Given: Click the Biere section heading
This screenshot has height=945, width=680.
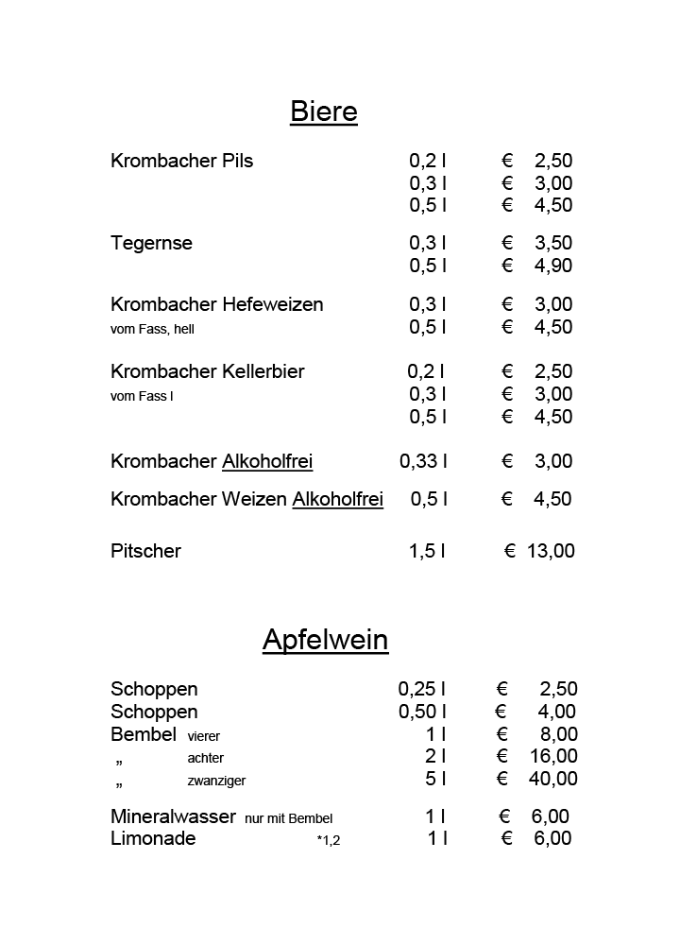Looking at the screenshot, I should coord(324,112).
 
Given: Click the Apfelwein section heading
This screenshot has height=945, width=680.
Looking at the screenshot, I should coord(325,640).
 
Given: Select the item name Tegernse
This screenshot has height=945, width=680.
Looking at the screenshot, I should coord(151,243).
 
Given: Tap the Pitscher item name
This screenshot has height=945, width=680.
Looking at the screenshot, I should coord(145,551).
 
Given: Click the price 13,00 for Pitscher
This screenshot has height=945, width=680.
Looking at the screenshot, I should coord(551,551).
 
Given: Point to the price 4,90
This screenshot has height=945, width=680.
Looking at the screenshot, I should coord(553,266).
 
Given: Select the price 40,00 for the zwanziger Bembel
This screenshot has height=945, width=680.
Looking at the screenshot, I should coord(553,779).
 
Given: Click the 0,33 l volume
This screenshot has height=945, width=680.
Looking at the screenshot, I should coord(423,461).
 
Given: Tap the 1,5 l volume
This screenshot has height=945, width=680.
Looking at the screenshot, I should coord(427,551).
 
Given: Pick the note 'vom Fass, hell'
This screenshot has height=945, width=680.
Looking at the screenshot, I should coord(152,330).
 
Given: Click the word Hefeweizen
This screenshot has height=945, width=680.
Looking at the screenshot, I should coord(273,304).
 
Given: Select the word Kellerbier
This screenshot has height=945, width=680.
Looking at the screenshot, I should coord(263,371).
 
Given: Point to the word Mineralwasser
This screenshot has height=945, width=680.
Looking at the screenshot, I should coord(173,816).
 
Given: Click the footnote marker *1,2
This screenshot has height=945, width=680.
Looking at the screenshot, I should coord(328,840).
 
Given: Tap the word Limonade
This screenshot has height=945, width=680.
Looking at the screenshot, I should coord(153,838).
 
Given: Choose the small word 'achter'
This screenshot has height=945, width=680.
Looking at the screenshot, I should coord(206,758).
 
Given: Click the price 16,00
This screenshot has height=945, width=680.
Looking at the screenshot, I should coord(553,756).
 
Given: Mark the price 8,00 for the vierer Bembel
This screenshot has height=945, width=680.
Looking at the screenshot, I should coord(558,734).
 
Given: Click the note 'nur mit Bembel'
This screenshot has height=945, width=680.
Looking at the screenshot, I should coord(288,818).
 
